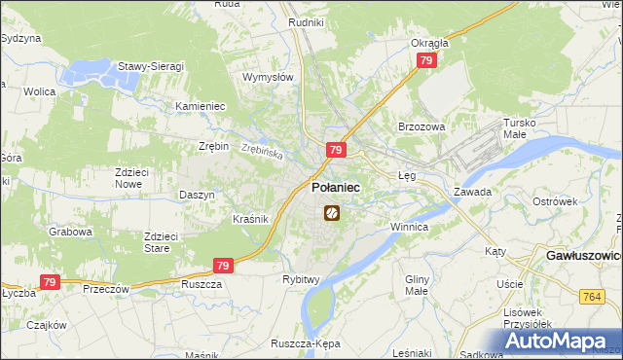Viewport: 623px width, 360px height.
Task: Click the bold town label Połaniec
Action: point(335,188)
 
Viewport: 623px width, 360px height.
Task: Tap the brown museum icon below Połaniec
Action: point(331,211)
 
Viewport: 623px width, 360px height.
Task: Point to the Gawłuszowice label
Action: point(579,256)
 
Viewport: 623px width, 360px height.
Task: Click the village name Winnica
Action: point(409,227)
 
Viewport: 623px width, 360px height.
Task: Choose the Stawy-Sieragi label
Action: point(151,66)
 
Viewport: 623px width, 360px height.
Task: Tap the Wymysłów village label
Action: point(268,77)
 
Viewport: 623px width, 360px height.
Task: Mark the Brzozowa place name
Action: point(421,126)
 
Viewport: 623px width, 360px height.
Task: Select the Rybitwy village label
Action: point(301,279)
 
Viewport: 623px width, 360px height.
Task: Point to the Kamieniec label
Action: point(200,105)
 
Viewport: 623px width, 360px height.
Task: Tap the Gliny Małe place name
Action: point(418,284)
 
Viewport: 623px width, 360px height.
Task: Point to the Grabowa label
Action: point(71,233)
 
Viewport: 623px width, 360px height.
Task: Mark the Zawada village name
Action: point(472,192)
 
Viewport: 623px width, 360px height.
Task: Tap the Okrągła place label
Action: point(429,43)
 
